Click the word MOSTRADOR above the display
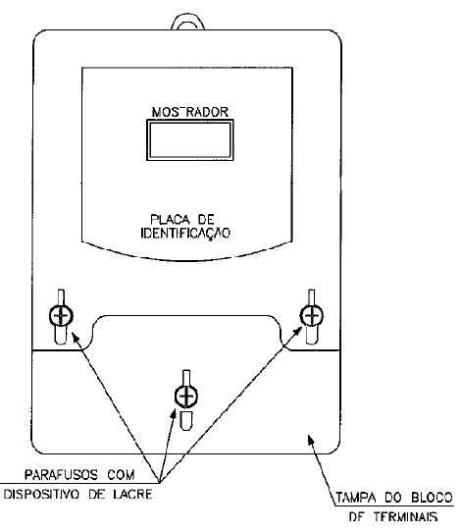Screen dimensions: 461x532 pos(190,112)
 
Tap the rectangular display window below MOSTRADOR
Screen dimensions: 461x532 pos(190,139)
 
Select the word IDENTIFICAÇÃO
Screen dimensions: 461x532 pos(185,234)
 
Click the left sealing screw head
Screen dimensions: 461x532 pos(61,316)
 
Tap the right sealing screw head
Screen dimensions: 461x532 pos(312,316)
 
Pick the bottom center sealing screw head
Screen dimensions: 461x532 pos(186,396)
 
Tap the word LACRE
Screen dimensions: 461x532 pos(132,494)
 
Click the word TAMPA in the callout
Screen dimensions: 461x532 pos(356,498)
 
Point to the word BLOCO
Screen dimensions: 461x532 pos(432,498)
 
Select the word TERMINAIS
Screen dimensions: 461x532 pos(406,516)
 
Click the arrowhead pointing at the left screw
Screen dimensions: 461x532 pos(76,338)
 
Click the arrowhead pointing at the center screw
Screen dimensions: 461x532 pos(174,414)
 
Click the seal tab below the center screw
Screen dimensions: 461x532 pos(186,421)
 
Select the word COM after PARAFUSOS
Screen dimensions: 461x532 pos(121,475)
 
